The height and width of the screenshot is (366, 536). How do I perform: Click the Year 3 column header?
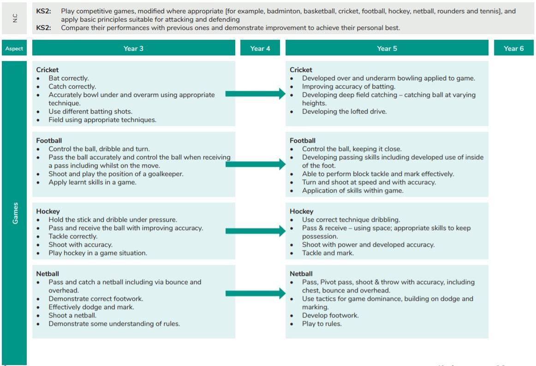click(x=133, y=48)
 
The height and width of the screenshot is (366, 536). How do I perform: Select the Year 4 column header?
click(x=260, y=48)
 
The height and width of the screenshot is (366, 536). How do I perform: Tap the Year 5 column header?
click(x=387, y=48)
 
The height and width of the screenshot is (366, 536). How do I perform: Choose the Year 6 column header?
click(x=513, y=48)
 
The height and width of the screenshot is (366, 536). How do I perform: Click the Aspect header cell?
click(x=14, y=49)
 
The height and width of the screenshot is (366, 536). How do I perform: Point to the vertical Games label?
click(x=15, y=213)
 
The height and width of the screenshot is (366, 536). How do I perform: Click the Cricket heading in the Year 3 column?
click(x=48, y=70)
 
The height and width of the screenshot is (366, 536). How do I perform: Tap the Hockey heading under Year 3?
click(x=48, y=211)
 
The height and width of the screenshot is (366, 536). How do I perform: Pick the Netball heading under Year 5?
click(x=301, y=274)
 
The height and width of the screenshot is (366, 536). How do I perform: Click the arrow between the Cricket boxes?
click(x=256, y=94)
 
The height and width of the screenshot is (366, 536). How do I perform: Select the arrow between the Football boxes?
click(x=256, y=164)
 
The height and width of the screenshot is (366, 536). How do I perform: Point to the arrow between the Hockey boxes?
click(x=256, y=231)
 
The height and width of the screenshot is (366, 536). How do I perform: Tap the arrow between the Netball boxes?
click(x=256, y=293)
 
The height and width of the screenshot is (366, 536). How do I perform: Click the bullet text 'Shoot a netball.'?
click(x=72, y=315)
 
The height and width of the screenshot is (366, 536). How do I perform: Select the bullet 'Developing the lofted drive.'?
click(x=344, y=111)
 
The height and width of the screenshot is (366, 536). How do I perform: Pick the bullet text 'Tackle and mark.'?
click(x=328, y=253)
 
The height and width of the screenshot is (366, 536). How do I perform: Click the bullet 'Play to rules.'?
click(x=322, y=323)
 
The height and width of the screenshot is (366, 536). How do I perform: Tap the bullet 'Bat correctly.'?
click(x=68, y=78)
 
